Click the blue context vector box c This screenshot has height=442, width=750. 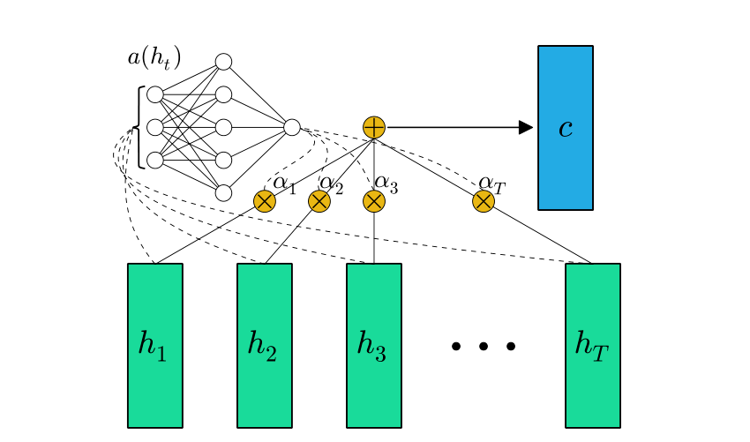566,128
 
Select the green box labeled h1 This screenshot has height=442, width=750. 155,345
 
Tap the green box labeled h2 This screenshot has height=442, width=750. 265,345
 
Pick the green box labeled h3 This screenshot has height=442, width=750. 374,345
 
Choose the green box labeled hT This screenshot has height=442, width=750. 593,345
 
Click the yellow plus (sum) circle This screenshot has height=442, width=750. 374,127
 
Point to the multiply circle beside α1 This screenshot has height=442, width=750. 265,201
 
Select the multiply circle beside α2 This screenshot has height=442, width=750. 319,201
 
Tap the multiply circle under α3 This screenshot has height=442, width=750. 374,201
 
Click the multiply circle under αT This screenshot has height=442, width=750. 484,201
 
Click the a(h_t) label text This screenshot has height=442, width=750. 154,59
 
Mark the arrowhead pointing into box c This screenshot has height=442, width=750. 526,127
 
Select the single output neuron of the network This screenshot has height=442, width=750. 292,127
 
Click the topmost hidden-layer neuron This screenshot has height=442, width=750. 223,62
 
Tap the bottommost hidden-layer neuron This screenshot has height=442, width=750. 223,192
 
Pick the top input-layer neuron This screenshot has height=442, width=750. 155,94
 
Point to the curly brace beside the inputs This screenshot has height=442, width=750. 139,127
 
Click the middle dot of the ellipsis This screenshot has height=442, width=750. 484,347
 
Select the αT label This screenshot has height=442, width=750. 491,184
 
